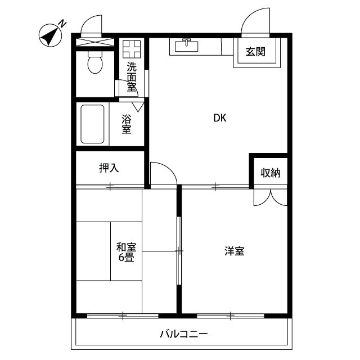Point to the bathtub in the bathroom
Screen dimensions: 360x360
tap(93, 124)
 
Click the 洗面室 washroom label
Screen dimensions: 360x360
tap(132, 75)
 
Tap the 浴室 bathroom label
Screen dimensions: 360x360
tap(127, 124)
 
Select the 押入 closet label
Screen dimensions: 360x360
tap(109, 168)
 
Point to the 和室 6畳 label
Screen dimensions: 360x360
tap(126, 253)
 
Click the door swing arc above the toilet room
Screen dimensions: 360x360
tap(90, 25)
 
